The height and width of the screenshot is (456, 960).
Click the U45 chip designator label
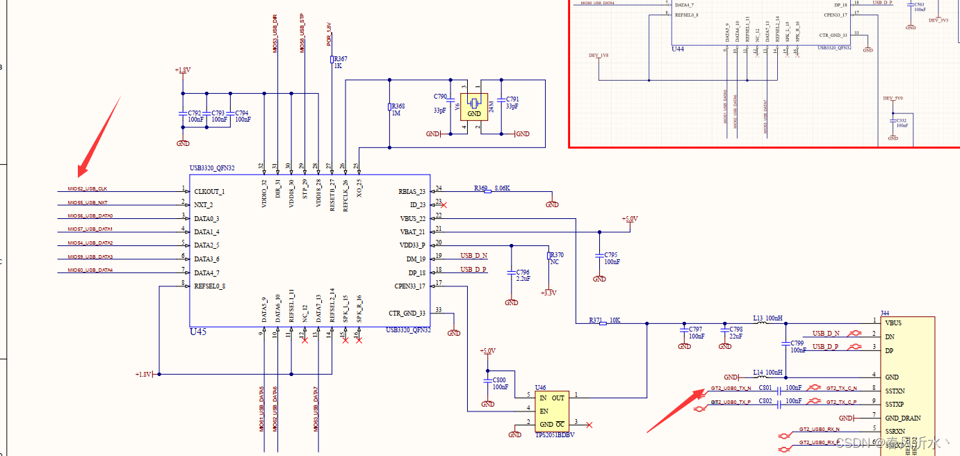click(198, 332)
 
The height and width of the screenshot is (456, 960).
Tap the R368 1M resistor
click(390, 107)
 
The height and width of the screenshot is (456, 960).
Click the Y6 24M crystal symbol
click(474, 104)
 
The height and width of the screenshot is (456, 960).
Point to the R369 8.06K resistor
click(487, 191)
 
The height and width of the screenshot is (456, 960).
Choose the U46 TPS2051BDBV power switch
click(551, 411)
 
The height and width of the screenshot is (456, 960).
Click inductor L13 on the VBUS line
click(763, 321)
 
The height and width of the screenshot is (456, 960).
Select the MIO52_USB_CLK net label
click(87, 189)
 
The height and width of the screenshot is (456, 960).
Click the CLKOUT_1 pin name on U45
click(209, 191)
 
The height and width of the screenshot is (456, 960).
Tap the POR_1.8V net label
click(329, 35)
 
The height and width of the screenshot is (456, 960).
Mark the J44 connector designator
click(885, 313)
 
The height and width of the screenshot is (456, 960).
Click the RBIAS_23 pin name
click(412, 191)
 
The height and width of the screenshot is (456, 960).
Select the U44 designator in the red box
click(677, 49)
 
